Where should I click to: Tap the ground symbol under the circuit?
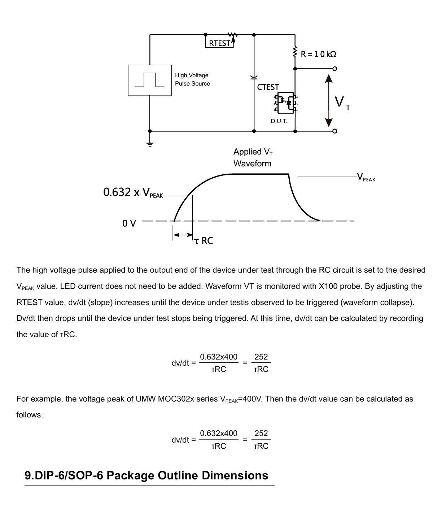(150, 144)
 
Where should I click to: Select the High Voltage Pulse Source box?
(150, 80)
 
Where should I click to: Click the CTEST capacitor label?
(268, 87)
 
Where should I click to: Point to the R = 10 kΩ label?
(318, 54)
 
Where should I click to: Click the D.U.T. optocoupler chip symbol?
(285, 103)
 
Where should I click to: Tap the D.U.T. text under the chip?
(279, 121)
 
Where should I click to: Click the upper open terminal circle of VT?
(334, 69)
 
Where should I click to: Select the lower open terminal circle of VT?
(334, 131)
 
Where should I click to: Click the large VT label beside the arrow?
(342, 103)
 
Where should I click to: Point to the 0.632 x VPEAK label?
(133, 192)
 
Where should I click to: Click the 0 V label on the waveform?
(129, 223)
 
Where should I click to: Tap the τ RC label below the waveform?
(204, 240)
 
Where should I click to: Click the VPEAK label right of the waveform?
(366, 177)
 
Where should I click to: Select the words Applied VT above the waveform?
(253, 152)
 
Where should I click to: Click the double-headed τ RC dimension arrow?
(183, 235)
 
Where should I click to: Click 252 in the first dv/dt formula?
(261, 357)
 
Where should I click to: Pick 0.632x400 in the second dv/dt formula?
(219, 433)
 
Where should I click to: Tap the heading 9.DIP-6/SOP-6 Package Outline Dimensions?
(146, 475)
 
